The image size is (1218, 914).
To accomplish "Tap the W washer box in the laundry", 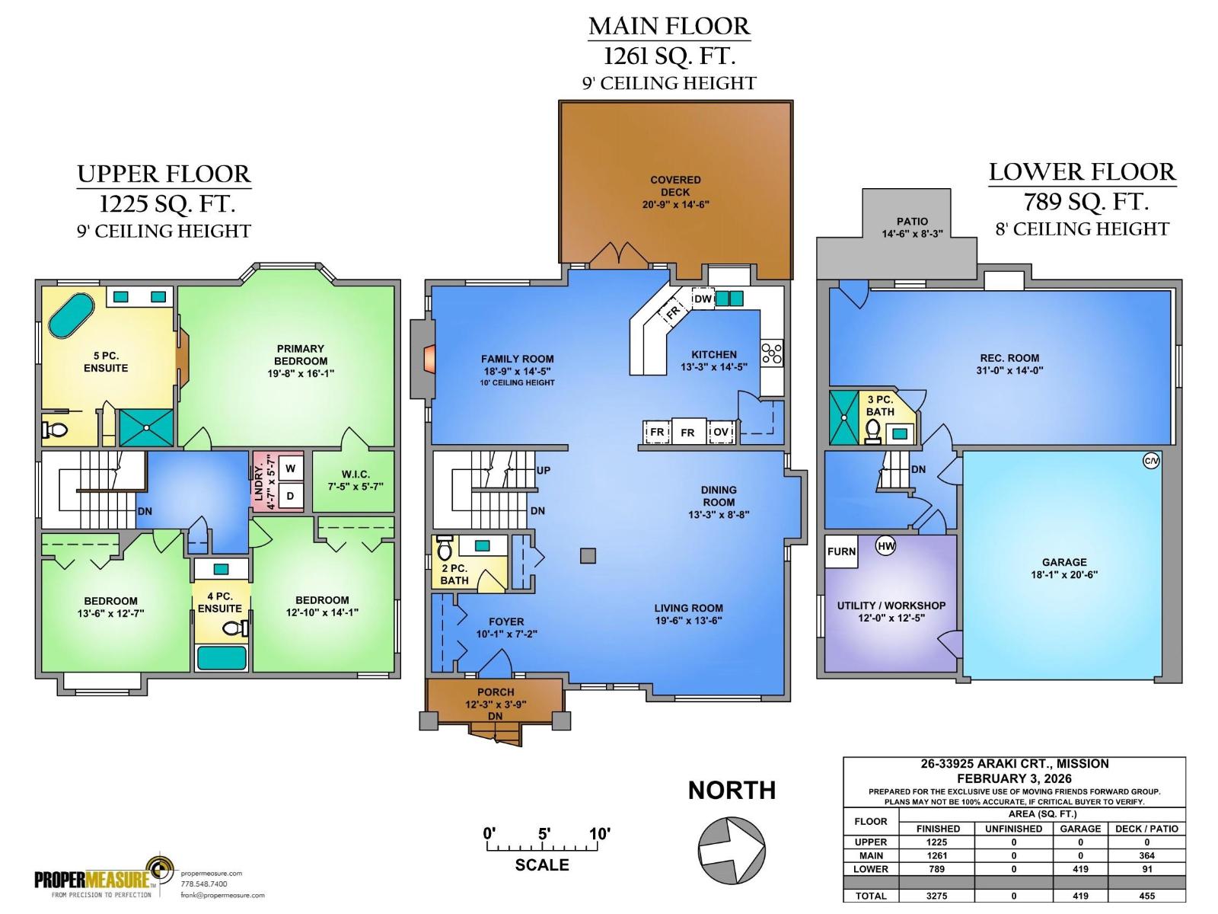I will [290, 468].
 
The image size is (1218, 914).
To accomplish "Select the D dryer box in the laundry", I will [290, 496].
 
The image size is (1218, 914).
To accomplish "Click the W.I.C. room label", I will [354, 480].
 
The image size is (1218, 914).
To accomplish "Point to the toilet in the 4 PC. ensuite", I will [234, 628].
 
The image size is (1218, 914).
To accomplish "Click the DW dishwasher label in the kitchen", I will [702, 299].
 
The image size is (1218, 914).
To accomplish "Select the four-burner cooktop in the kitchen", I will [771, 354].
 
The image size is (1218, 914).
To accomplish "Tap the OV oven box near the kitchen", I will [720, 433].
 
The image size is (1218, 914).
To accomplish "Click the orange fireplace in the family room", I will [431, 360].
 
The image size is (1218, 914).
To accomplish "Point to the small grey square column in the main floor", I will [588, 555].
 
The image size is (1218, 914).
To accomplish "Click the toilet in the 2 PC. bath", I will [445, 549].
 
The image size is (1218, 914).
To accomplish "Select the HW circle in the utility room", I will [885, 545].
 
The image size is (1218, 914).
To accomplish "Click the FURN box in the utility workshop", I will [841, 551].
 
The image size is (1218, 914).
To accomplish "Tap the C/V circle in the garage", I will [1150, 460].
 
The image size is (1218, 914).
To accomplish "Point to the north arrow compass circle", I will [732, 851].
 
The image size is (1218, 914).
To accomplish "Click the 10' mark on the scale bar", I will [599, 834].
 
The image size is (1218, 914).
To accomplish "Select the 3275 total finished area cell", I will [936, 896].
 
